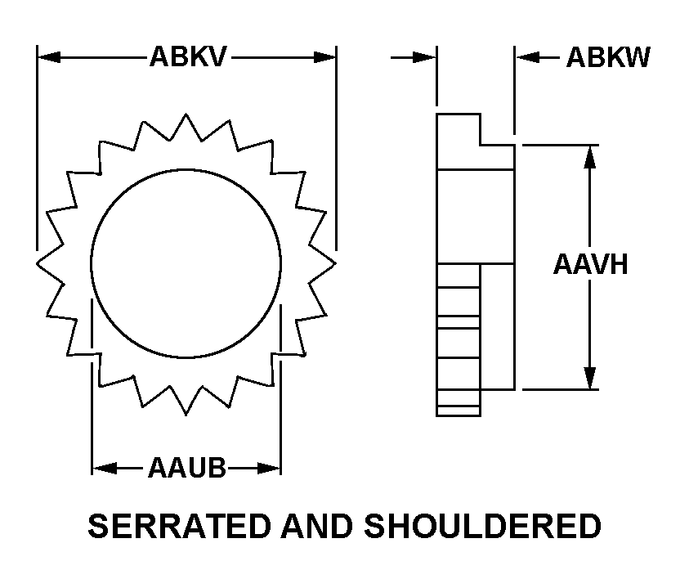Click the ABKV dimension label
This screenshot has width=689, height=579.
pos(187,57)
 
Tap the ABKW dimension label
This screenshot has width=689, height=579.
pos(608,57)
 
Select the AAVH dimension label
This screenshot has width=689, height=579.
pos(590,264)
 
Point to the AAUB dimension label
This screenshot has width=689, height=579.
pos(186,469)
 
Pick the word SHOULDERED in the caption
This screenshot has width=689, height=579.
pos(483,526)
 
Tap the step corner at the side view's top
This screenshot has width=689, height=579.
pos(481,145)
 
